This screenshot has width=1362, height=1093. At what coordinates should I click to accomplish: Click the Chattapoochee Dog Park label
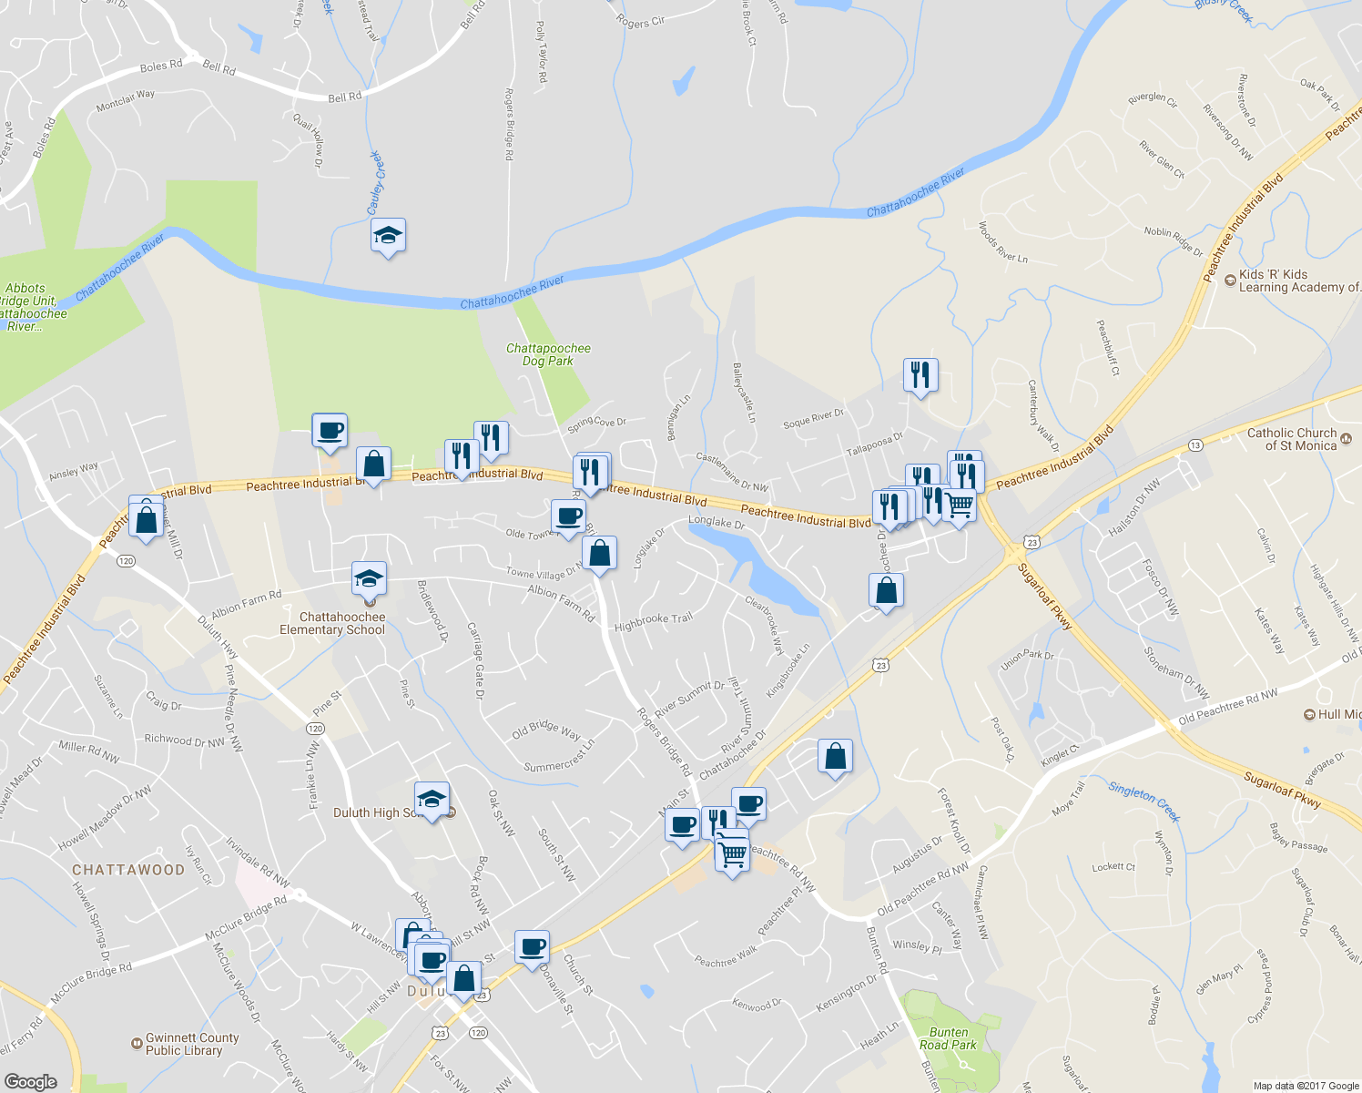(548, 354)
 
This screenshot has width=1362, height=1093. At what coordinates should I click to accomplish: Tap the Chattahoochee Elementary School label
(332, 623)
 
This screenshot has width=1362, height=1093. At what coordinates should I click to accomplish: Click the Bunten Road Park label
(949, 1038)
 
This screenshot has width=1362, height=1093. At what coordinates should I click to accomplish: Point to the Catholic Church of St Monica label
(1292, 439)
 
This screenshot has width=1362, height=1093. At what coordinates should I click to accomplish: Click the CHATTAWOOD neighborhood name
(128, 870)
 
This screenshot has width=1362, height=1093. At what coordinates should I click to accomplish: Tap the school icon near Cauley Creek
(389, 236)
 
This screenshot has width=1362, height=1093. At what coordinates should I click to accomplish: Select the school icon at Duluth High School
(432, 800)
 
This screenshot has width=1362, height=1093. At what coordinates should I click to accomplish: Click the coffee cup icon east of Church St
(533, 947)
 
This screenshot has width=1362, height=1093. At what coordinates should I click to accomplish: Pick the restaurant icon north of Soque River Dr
(920, 374)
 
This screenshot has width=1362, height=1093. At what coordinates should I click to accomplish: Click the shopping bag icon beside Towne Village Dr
(599, 552)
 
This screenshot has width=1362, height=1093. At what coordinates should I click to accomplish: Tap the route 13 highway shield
(1195, 444)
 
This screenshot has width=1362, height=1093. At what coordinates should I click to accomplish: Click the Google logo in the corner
(30, 1081)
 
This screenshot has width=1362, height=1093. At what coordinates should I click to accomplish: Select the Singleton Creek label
(1143, 801)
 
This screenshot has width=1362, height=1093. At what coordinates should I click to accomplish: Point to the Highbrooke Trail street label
(654, 622)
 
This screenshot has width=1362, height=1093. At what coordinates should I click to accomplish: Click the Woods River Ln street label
(1002, 242)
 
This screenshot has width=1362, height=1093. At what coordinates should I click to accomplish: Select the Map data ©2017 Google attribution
(1306, 1086)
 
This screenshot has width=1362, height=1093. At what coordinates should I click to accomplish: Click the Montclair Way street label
(126, 101)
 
